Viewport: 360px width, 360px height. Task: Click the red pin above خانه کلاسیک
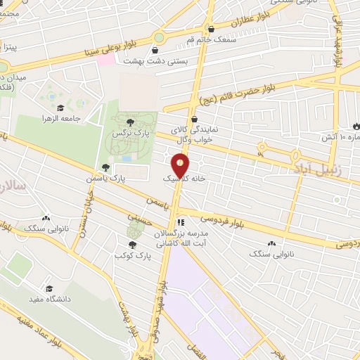tap(181, 166)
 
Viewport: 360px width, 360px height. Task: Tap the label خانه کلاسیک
tap(185, 180)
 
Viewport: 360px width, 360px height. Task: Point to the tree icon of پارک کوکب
tap(132, 245)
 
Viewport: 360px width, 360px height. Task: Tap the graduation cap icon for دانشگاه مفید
tap(49, 288)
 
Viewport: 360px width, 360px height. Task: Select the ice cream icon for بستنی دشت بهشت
tap(155, 50)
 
